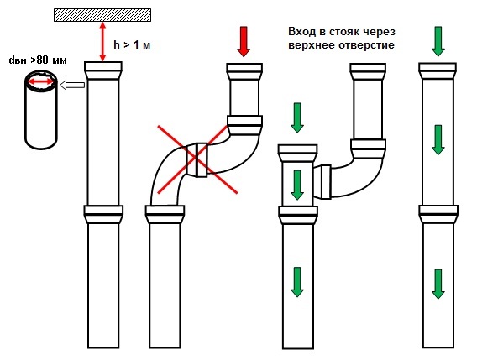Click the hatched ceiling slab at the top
point(102,15)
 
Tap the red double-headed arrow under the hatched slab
point(102,42)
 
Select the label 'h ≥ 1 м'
point(132,45)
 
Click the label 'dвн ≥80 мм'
point(38,60)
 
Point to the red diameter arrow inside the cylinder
point(40,81)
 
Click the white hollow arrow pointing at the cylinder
point(72,85)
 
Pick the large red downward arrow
point(244,41)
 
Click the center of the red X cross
point(197,159)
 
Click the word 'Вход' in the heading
point(301,32)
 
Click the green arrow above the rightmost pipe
point(438,41)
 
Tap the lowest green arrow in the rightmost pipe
point(438,284)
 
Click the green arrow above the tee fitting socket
point(297,118)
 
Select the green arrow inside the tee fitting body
point(297,185)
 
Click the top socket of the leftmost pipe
point(103,70)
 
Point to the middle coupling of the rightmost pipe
point(438,215)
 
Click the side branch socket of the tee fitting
point(322,182)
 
